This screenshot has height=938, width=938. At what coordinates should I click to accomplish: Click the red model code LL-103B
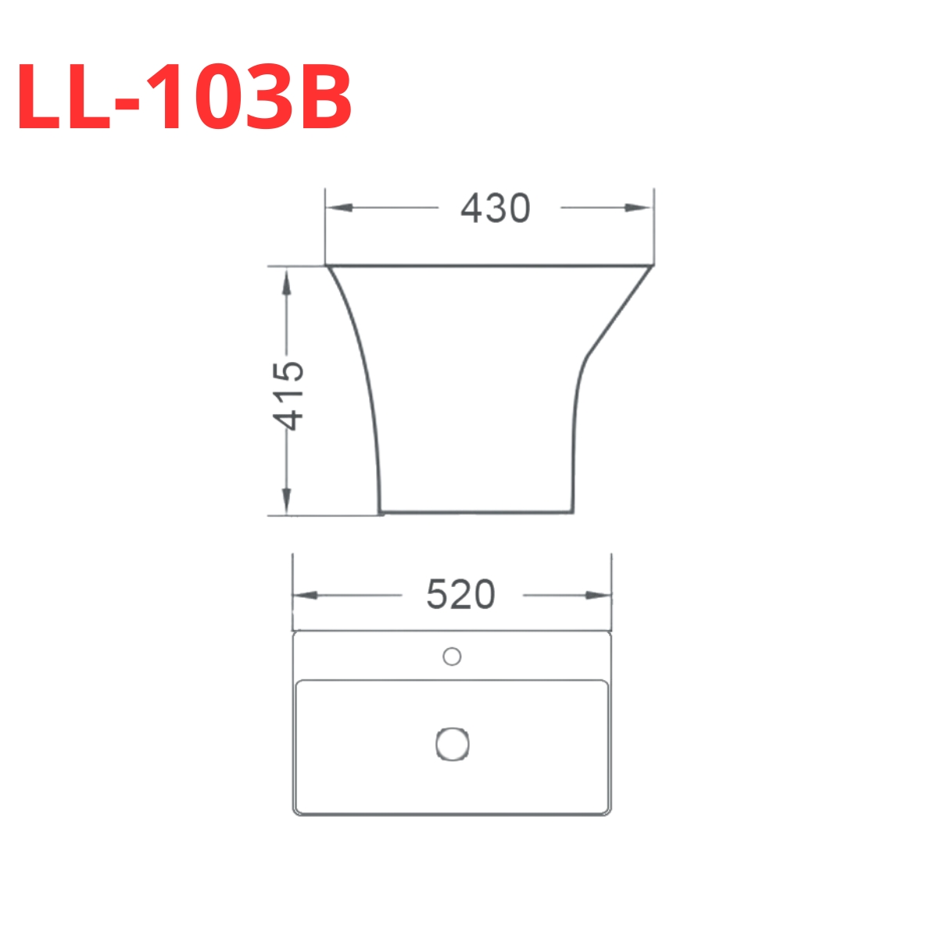click(184, 98)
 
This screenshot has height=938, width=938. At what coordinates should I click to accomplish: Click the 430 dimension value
click(495, 209)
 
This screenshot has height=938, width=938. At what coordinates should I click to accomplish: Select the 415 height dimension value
click(288, 395)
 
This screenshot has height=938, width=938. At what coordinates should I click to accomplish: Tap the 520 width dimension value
click(460, 596)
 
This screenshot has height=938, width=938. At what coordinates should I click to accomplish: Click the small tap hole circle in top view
click(452, 657)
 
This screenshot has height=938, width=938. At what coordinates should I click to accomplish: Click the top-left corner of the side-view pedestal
click(327, 267)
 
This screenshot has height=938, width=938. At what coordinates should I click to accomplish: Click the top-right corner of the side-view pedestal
click(653, 267)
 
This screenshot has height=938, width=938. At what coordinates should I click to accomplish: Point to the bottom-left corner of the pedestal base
click(380, 513)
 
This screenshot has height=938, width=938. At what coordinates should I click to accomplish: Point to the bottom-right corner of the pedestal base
click(575, 513)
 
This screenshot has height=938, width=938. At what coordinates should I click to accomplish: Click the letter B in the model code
click(320, 98)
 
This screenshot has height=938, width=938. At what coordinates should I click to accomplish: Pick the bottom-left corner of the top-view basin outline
click(295, 813)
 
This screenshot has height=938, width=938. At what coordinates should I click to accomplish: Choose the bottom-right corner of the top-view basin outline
click(609, 813)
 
